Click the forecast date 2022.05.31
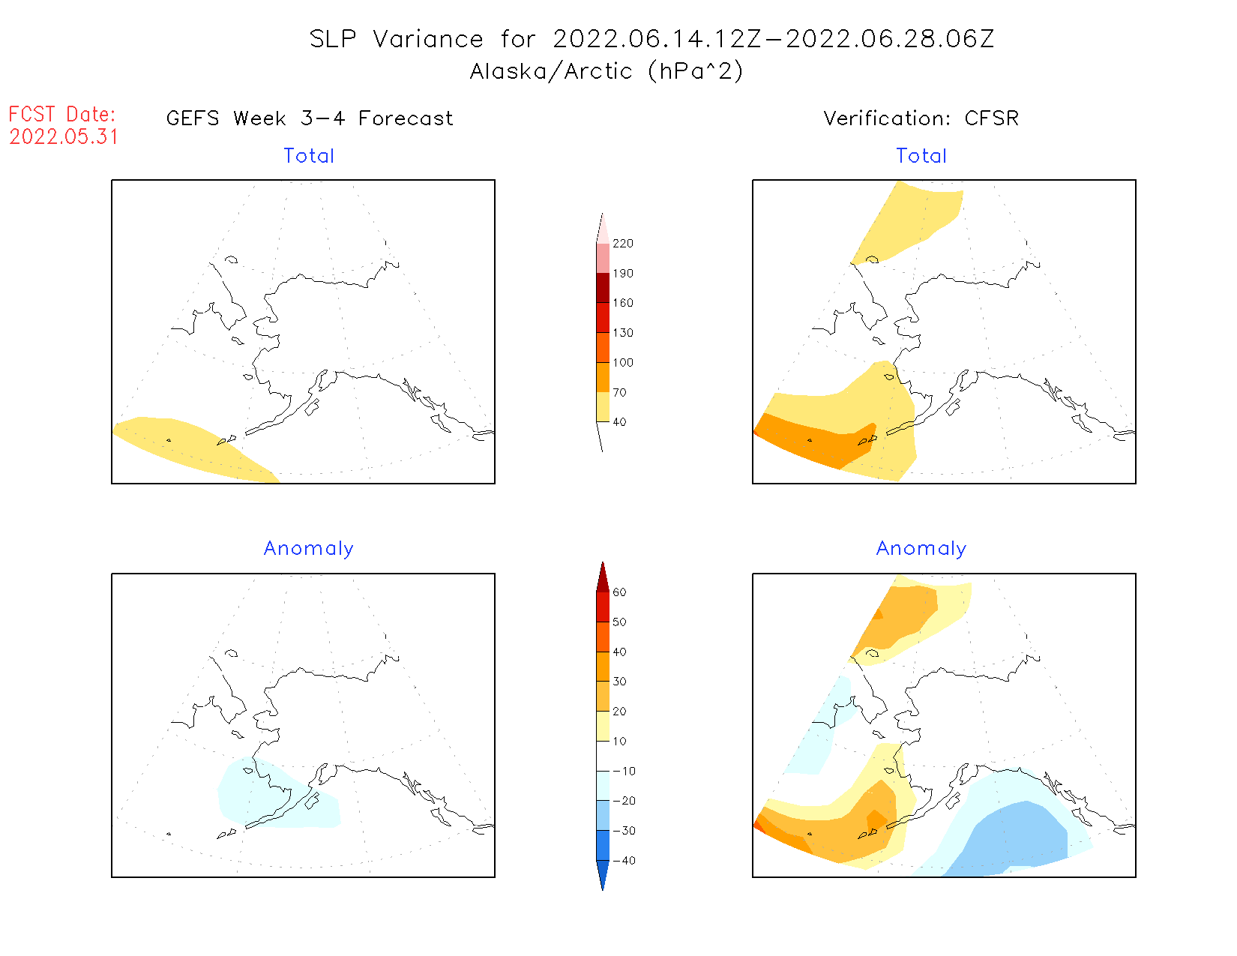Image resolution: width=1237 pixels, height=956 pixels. click(x=64, y=137)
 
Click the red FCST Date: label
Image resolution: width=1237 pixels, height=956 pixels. click(x=62, y=115)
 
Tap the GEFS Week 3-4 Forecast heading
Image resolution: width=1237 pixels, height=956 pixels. click(x=310, y=118)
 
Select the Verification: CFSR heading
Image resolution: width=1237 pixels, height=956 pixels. click(x=921, y=118)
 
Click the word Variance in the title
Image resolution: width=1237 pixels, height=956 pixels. click(x=428, y=39)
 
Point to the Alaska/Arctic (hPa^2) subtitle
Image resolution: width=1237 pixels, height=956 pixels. click(x=607, y=71)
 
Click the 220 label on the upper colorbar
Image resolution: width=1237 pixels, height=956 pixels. click(x=622, y=244)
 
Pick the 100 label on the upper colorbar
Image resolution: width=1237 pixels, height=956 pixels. click(x=622, y=363)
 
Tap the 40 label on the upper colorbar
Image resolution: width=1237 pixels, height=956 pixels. click(x=619, y=422)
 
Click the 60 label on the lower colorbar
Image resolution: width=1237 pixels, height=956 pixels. click(x=619, y=592)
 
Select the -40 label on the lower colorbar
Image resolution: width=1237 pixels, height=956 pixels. click(x=624, y=861)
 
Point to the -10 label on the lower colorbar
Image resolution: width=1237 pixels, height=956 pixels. click(x=624, y=772)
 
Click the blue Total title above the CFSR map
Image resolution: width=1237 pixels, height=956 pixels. click(x=921, y=156)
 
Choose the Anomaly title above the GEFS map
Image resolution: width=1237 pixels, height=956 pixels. click(x=308, y=549)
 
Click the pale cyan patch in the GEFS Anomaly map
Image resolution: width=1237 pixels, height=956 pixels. click(x=277, y=799)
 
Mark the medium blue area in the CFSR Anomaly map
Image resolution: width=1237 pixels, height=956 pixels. click(x=1020, y=836)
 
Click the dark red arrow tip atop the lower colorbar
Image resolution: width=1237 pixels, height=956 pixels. click(x=603, y=577)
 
